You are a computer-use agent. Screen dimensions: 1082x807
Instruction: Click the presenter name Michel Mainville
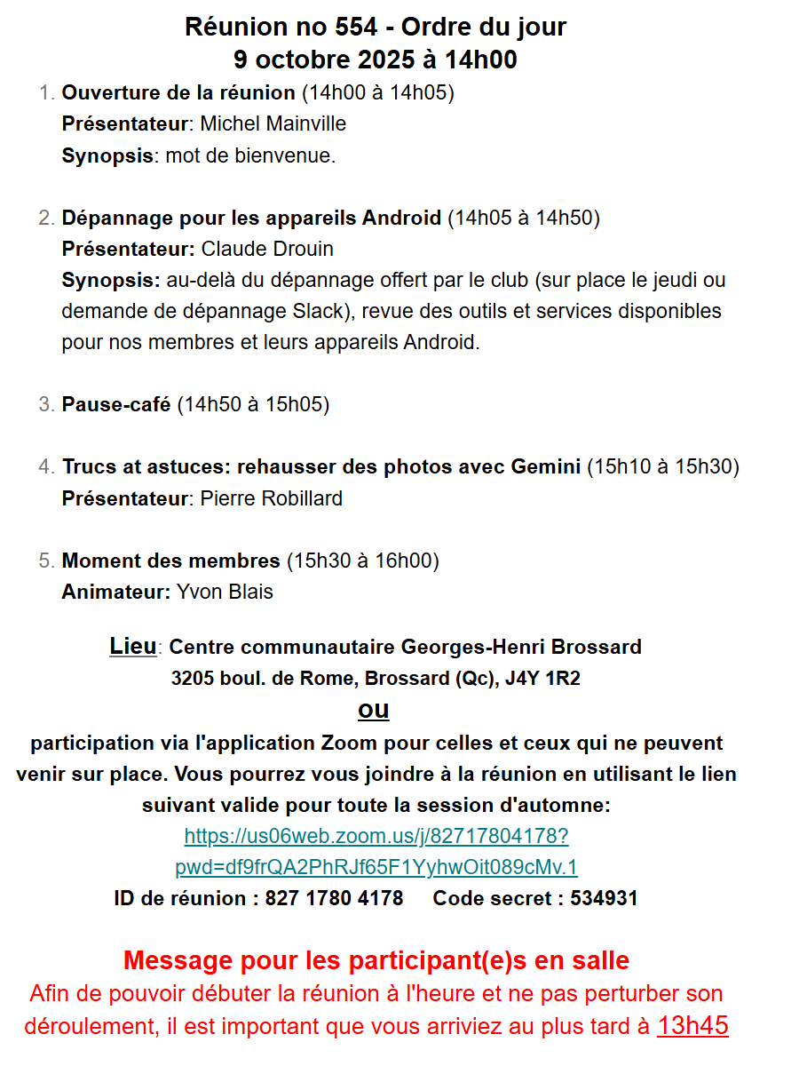coord(273,123)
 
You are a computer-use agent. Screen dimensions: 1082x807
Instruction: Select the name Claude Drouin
coord(267,248)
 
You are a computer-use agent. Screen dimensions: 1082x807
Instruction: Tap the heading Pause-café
coord(116,404)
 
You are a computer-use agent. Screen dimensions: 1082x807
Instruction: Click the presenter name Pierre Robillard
coord(271,498)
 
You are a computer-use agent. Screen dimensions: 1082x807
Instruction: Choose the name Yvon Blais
coord(225,592)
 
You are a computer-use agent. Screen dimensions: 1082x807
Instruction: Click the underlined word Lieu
coord(132,646)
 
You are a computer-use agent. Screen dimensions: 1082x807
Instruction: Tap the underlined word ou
coord(374,710)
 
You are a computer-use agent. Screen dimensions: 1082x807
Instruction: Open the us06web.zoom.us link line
coord(376,836)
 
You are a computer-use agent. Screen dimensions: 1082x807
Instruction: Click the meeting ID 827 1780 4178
coord(334,898)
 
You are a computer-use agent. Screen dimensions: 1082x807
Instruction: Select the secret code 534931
coord(604,898)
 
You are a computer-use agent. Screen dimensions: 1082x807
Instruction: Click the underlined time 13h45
coord(692,1025)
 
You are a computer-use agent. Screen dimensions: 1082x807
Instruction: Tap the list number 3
coord(46,404)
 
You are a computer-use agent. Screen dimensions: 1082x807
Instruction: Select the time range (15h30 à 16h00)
coord(362,561)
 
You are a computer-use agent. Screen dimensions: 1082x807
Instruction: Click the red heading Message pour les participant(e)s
coord(376,959)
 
